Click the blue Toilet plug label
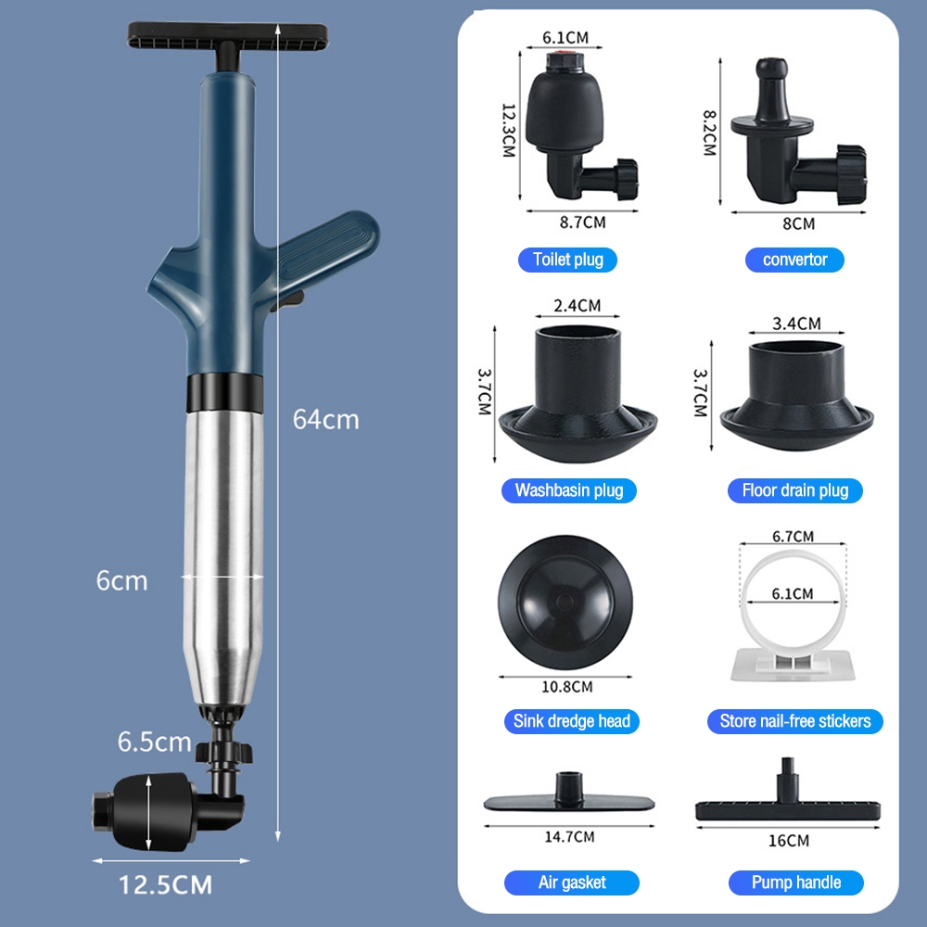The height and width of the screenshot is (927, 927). tap(567, 260)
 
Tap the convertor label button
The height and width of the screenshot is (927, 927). tap(794, 260)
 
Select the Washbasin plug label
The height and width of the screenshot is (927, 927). tap(569, 490)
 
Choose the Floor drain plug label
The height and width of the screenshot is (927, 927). tap(794, 490)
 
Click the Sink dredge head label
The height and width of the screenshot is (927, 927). tap(572, 721)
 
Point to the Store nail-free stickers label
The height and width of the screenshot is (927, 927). tap(795, 721)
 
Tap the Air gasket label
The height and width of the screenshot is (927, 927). tap(572, 883)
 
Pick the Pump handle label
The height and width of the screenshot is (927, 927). tap(795, 883)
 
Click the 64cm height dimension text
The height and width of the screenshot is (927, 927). tap(325, 420)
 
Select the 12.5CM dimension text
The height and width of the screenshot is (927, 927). tap(166, 885)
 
